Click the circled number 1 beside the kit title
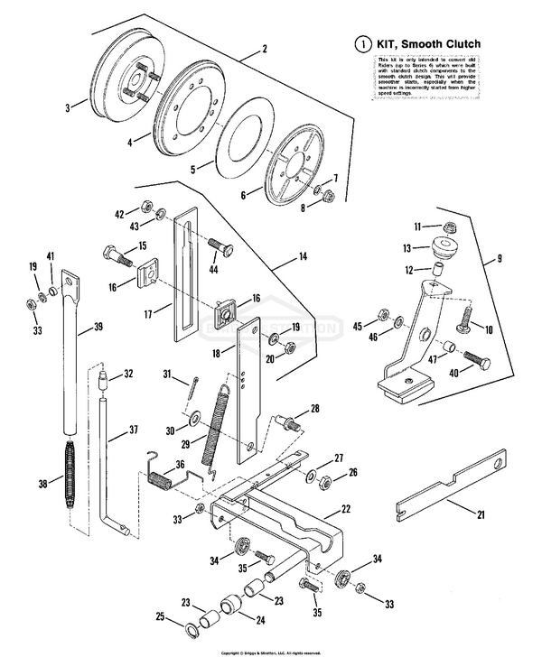(x=363, y=44)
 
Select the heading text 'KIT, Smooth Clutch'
(x=426, y=44)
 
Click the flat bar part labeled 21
(x=452, y=483)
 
